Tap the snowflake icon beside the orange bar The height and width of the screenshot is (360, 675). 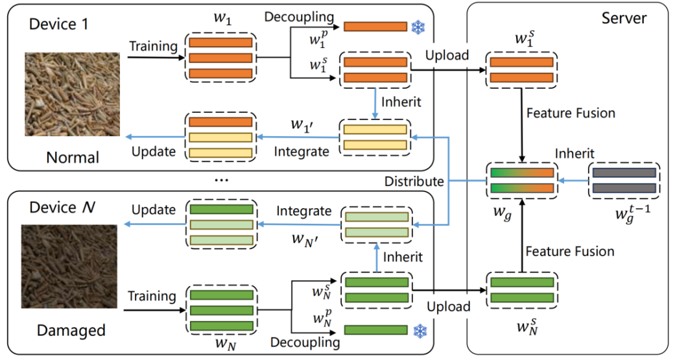pyautogui.click(x=418, y=27)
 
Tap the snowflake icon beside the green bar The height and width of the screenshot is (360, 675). pyautogui.click(x=418, y=330)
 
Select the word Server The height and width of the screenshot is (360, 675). pyautogui.click(x=623, y=18)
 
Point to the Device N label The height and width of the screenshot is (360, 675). pyautogui.click(x=62, y=207)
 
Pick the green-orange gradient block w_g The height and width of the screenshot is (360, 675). pyautogui.click(x=522, y=180)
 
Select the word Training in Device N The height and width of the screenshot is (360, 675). pyautogui.click(x=152, y=296)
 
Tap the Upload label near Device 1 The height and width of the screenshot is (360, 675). pyautogui.click(x=447, y=56)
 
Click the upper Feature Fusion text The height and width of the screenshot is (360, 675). pyautogui.click(x=571, y=114)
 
